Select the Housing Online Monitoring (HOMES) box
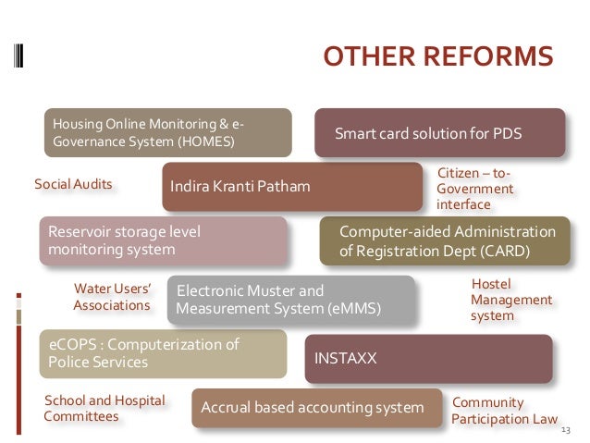click(167, 133)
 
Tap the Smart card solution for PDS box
click(439, 133)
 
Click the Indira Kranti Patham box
click(293, 187)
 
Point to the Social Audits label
click(73, 184)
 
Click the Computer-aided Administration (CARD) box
click(445, 240)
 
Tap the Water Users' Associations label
click(112, 297)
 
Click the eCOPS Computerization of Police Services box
click(163, 353)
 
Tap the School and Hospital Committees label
click(104, 409)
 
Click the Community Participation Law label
click(504, 411)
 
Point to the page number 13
click(567, 430)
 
